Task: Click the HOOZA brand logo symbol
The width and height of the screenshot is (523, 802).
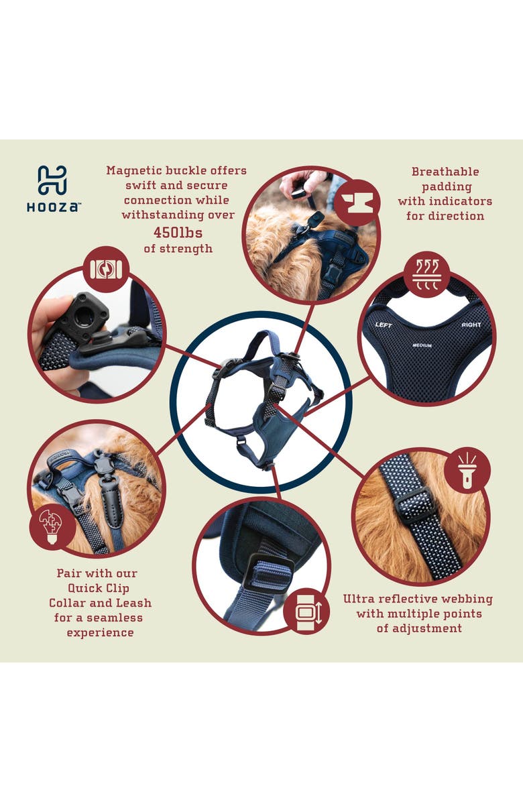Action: click(x=52, y=180)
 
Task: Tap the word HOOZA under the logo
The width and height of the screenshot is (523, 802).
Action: click(x=54, y=207)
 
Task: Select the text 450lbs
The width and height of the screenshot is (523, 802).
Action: click(x=178, y=233)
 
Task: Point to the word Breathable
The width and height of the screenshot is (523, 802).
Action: click(x=445, y=172)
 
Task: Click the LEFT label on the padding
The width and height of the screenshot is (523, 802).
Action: click(x=384, y=325)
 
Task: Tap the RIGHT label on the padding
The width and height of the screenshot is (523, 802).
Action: click(x=471, y=325)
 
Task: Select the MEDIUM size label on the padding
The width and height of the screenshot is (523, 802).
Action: click(x=422, y=346)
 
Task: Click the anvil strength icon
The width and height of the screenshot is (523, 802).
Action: click(x=357, y=202)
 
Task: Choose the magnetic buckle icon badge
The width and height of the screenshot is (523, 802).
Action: click(x=106, y=270)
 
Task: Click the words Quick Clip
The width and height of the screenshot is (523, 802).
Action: click(x=98, y=588)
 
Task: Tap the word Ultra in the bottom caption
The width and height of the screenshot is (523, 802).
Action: click(x=359, y=599)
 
